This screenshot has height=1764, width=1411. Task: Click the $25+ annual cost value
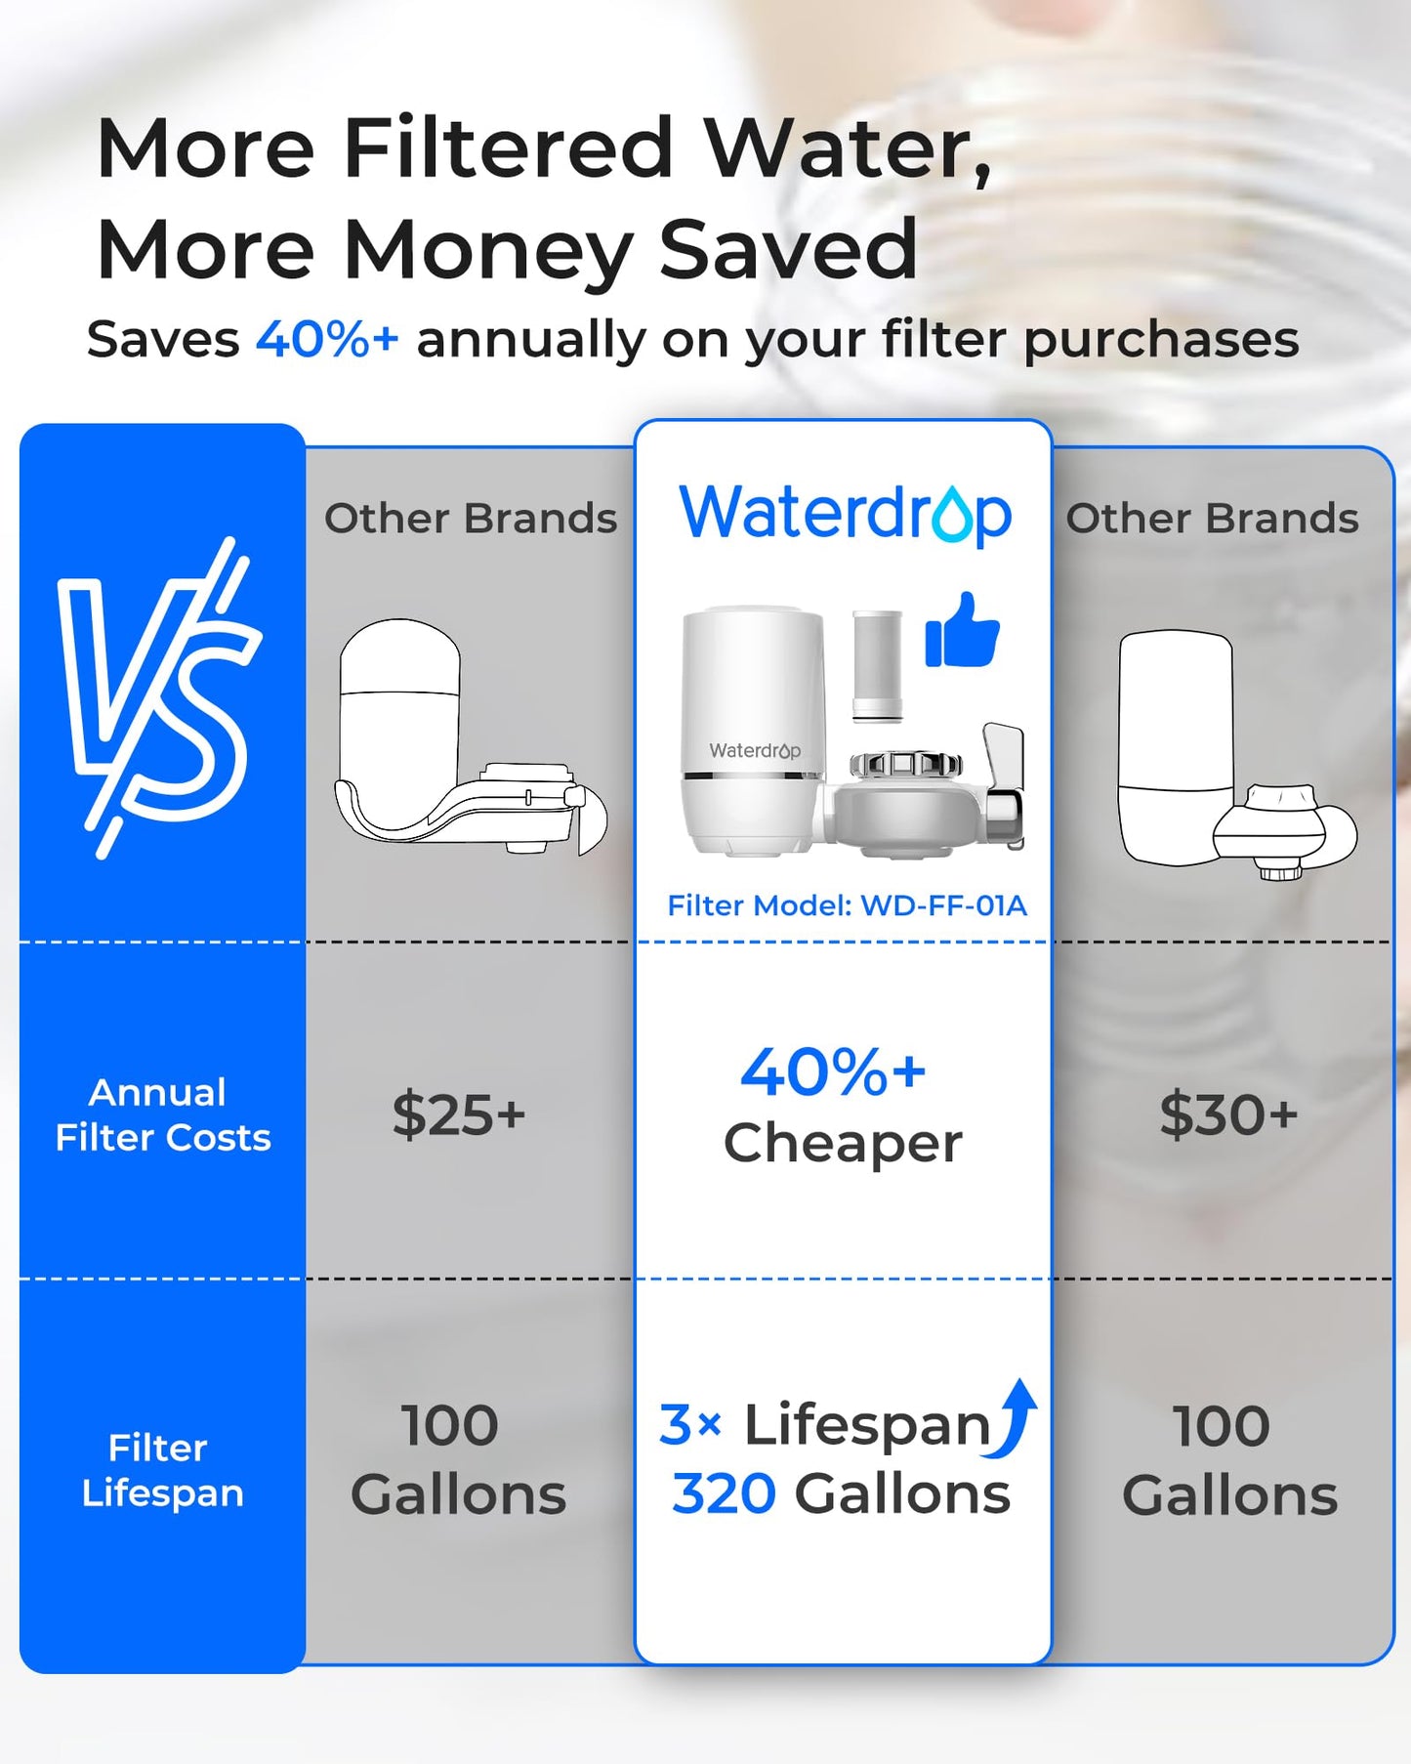tap(459, 1114)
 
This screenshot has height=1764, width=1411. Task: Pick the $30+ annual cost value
tap(1228, 1114)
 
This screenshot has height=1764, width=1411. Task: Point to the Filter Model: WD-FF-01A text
tap(847, 905)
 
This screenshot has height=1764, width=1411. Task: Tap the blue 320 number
tap(724, 1494)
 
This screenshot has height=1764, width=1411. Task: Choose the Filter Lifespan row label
tap(162, 1470)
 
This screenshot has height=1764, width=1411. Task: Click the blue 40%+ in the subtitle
tap(327, 340)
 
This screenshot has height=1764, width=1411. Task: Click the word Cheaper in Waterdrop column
tap(843, 1143)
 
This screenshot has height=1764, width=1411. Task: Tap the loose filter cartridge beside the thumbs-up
tap(877, 666)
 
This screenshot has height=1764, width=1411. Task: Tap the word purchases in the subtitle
tap(1160, 340)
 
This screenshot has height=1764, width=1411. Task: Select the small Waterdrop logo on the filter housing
tap(754, 750)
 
